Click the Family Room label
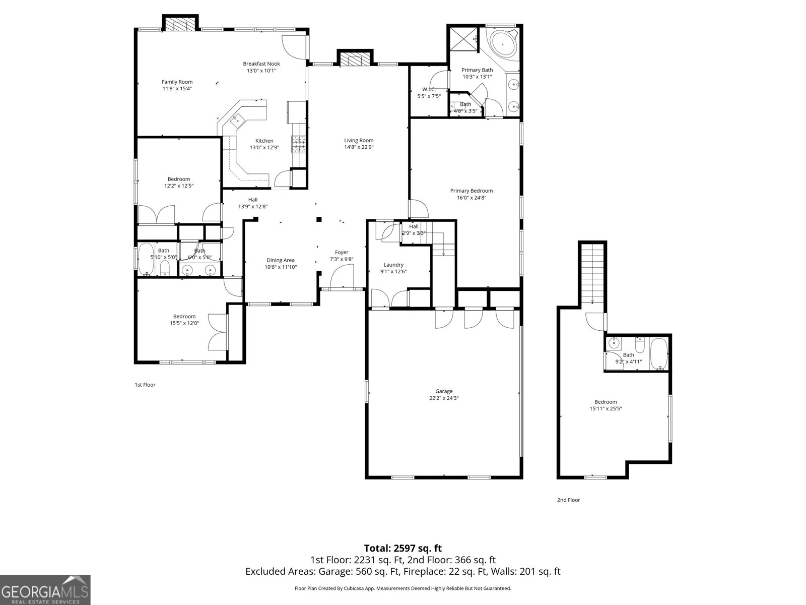click(177, 82)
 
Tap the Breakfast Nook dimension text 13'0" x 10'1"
click(261, 71)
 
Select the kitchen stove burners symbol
click(299, 145)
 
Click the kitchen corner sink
click(236, 120)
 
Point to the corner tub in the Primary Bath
click(503, 44)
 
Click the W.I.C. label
click(429, 89)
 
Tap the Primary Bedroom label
click(471, 191)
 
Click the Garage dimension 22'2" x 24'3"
click(444, 398)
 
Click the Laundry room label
click(393, 265)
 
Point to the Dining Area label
click(281, 260)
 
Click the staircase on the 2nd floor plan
click(592, 272)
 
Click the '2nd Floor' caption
click(568, 500)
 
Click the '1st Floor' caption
click(145, 385)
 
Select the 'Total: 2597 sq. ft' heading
click(402, 548)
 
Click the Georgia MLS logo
click(45, 589)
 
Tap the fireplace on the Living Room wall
click(354, 59)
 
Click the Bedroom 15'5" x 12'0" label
click(184, 317)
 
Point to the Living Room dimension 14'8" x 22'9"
click(359, 147)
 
